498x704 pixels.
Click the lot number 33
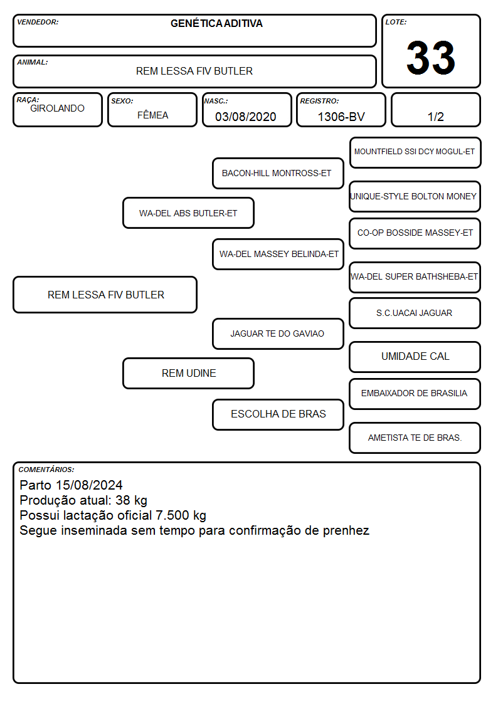point(431,58)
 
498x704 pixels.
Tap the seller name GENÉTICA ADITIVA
point(216,23)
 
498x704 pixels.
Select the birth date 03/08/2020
point(246,117)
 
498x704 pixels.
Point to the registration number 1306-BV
point(341,117)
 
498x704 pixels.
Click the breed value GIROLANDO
point(57,108)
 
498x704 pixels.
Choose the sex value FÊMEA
point(152,115)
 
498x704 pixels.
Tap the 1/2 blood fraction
point(435,117)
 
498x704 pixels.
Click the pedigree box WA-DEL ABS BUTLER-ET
point(188,213)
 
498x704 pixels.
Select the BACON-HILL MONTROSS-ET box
point(278,173)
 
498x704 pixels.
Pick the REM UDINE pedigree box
point(188,373)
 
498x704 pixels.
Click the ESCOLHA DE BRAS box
point(278,414)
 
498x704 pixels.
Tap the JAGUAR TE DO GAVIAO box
point(278,334)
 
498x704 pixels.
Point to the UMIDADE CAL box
point(415,357)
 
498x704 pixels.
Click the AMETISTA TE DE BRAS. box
point(415,438)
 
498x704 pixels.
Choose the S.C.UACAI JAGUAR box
point(415,313)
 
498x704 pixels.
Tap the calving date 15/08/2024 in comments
point(89,485)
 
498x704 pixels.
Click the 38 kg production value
point(131,501)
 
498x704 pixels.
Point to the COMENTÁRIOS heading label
point(46,470)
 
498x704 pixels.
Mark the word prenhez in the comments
point(346,531)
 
